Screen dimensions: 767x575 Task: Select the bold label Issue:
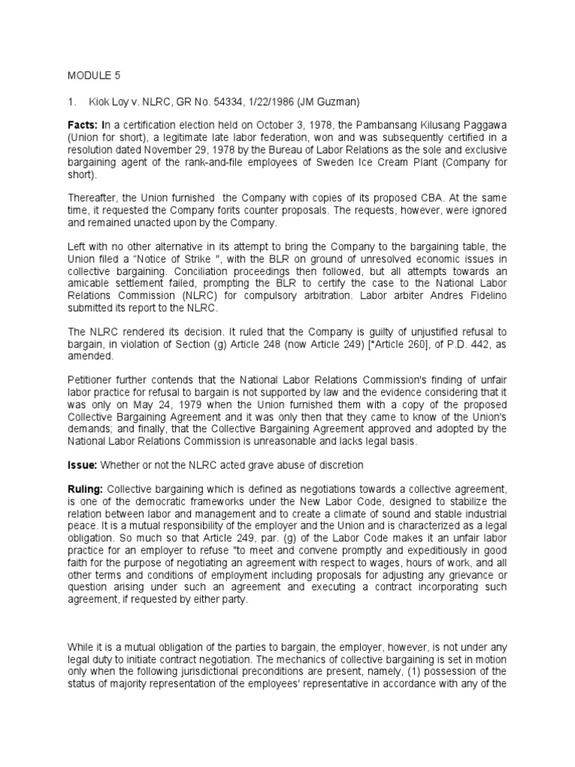(83, 465)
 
